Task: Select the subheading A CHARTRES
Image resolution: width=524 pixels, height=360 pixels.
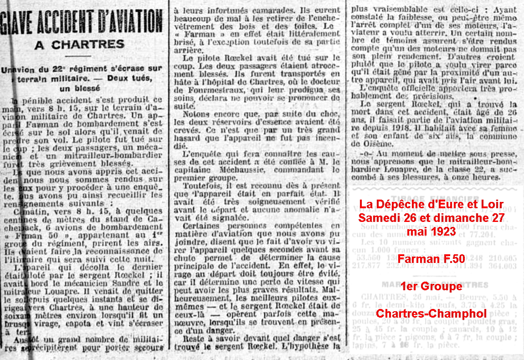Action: click(x=80, y=45)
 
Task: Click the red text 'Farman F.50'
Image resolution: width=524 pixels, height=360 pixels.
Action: click(x=431, y=259)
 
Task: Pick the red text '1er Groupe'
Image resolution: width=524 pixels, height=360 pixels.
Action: click(x=431, y=286)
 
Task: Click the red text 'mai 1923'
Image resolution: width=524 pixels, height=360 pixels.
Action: click(x=431, y=231)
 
